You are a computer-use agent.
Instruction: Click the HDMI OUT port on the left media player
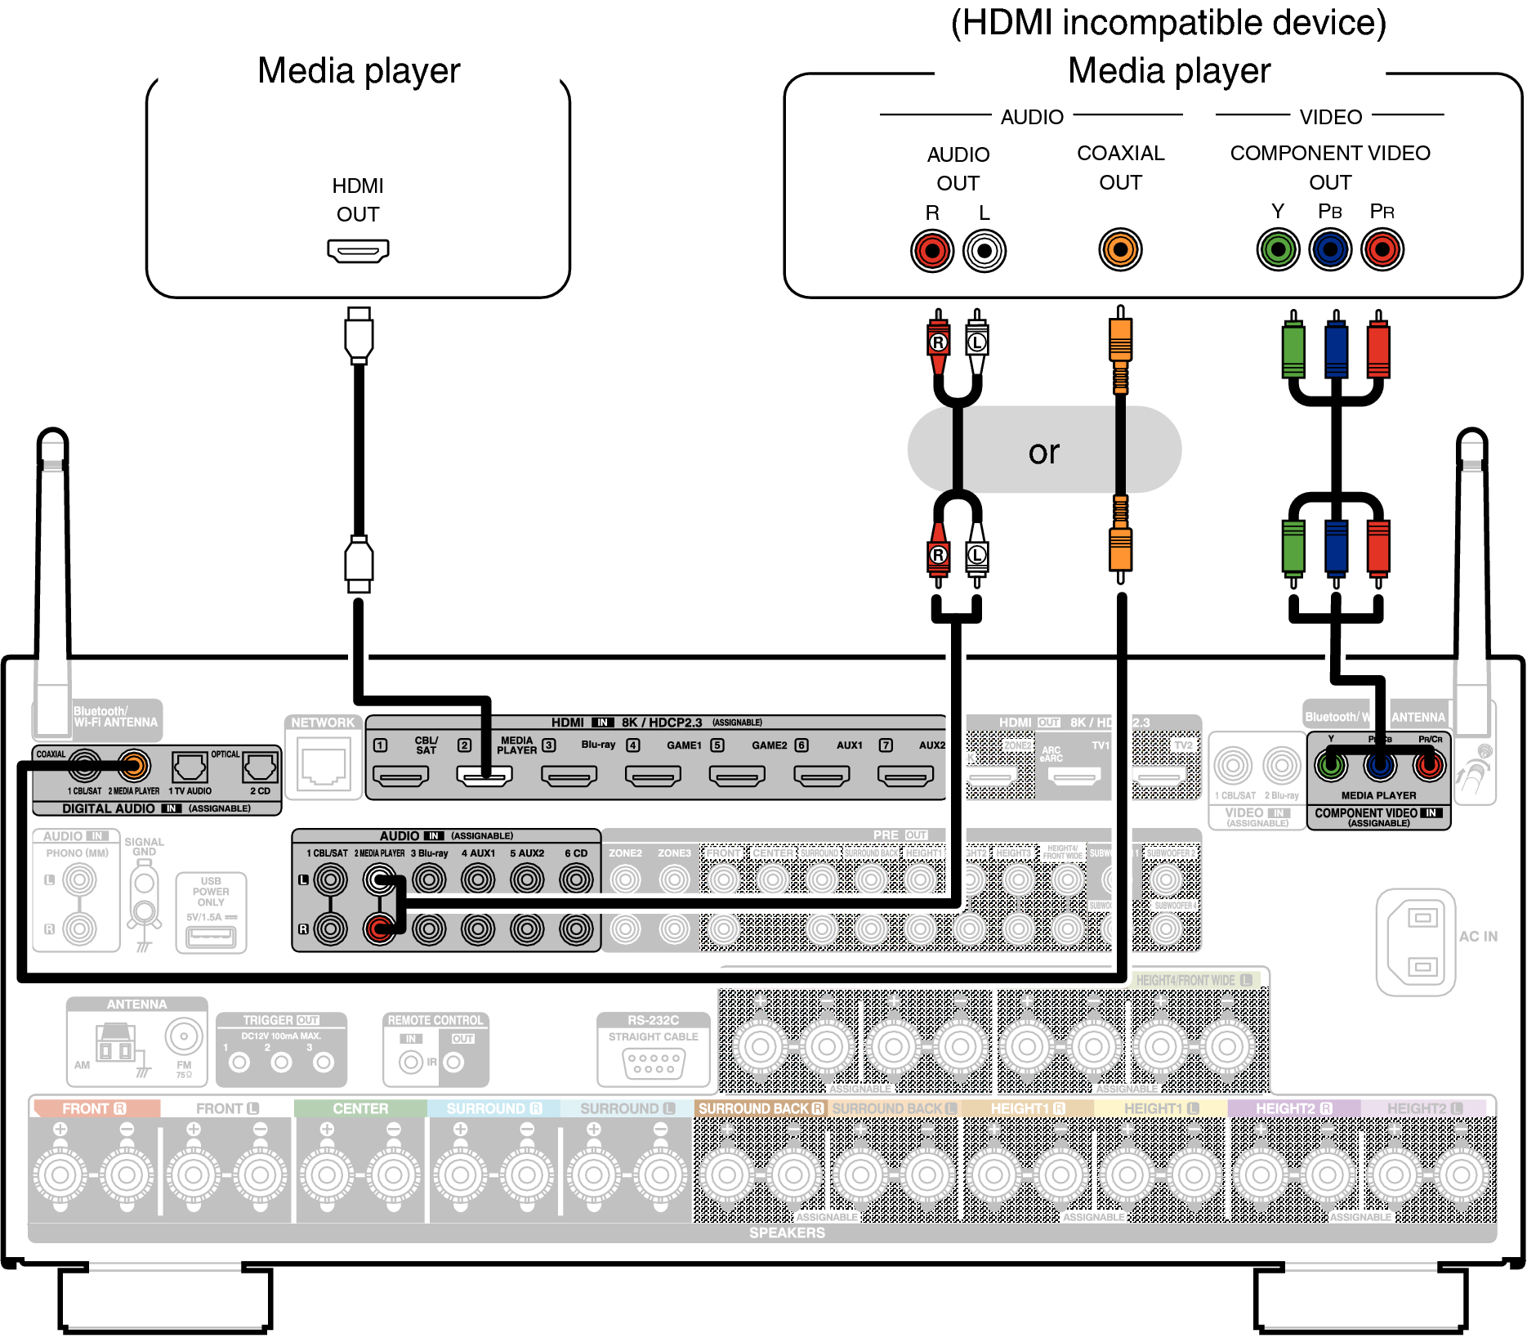358,250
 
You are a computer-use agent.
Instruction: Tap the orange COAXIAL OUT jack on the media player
1120,249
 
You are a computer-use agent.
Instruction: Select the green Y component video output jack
1278,249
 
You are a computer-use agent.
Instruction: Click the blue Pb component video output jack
1330,249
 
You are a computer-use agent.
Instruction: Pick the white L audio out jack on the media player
985,250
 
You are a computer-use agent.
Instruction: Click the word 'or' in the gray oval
1043,452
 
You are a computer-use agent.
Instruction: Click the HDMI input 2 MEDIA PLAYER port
484,775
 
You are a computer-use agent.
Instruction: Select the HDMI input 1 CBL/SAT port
400,775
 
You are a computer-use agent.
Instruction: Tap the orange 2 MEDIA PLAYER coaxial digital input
134,765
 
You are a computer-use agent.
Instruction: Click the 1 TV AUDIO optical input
190,767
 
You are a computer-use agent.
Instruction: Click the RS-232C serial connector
654,1063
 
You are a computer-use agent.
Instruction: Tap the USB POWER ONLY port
211,936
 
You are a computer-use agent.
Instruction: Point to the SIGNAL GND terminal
145,895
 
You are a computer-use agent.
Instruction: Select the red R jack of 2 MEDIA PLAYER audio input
379,929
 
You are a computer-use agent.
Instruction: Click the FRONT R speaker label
94,1108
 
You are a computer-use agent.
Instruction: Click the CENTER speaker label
360,1108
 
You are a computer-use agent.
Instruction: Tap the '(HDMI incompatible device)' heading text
1168,23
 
